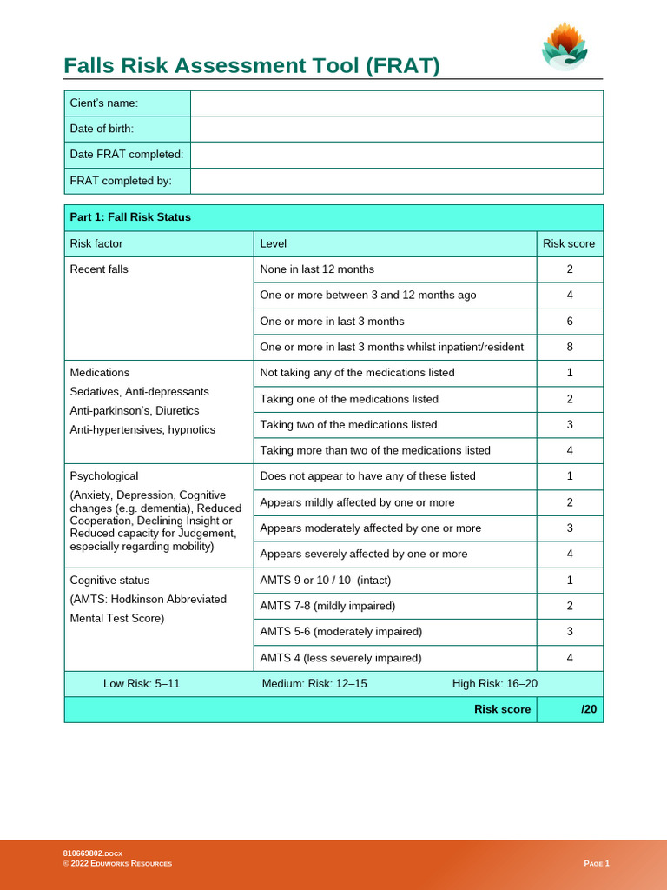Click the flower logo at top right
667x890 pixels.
coord(565,46)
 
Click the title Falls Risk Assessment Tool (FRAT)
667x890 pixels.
coord(252,66)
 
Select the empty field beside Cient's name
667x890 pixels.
coord(396,103)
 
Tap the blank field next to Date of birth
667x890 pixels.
coord(396,129)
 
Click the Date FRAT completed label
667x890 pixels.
coord(127,155)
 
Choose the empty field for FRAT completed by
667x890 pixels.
coord(396,181)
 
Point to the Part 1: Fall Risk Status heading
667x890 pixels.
coord(130,217)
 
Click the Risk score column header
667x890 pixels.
coord(569,244)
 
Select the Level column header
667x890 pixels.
coord(274,244)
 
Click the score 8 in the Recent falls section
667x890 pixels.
coord(570,347)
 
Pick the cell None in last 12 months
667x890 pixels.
coord(317,269)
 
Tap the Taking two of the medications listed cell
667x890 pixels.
coord(348,425)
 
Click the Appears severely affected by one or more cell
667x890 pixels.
coord(363,554)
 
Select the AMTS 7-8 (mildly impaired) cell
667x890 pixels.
coord(327,606)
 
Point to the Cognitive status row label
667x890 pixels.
coord(109,581)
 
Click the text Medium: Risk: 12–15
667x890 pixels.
coord(314,684)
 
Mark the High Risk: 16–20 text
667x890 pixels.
coord(494,684)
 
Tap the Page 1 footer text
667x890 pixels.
coord(597,863)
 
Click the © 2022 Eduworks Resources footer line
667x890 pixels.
coord(117,863)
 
